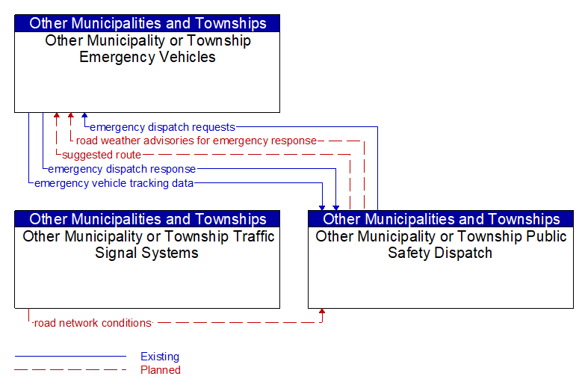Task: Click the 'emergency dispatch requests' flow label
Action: (x=162, y=127)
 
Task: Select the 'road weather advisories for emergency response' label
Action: (x=196, y=141)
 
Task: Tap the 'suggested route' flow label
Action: (x=102, y=155)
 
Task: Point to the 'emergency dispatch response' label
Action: (x=122, y=169)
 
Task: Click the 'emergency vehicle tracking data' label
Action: (x=114, y=183)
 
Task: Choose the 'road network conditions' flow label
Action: (x=93, y=323)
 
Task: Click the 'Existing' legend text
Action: (x=160, y=357)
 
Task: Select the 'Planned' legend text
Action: (x=161, y=370)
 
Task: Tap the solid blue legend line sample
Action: (x=70, y=357)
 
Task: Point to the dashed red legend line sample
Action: (x=70, y=370)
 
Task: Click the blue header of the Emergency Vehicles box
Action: (x=147, y=23)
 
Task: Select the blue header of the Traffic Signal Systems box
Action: (x=147, y=219)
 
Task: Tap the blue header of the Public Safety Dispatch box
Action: (x=441, y=219)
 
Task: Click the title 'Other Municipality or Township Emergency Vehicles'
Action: (x=148, y=49)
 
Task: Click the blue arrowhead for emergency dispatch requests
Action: (x=84, y=115)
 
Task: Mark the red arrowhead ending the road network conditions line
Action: (x=322, y=311)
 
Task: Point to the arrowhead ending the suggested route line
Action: (x=56, y=115)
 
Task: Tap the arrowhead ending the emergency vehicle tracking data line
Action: (x=322, y=208)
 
